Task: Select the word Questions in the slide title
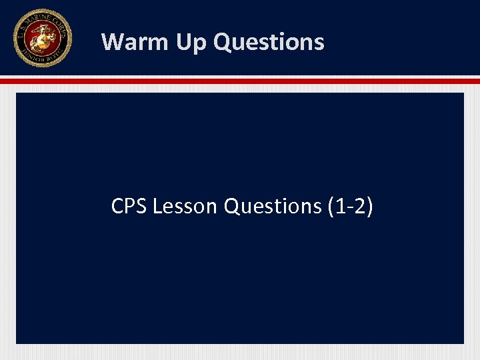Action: pos(269,42)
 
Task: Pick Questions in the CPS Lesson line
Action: pos(273,207)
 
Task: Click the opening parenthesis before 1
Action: pos(331,207)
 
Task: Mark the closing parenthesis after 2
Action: pos(369,207)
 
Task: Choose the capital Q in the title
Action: pos(223,42)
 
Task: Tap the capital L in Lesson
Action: pos(157,207)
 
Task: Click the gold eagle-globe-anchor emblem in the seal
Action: pos(42,37)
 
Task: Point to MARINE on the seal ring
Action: pos(37,17)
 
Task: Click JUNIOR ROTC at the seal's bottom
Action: pos(42,61)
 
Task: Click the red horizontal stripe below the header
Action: pos(240,81)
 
